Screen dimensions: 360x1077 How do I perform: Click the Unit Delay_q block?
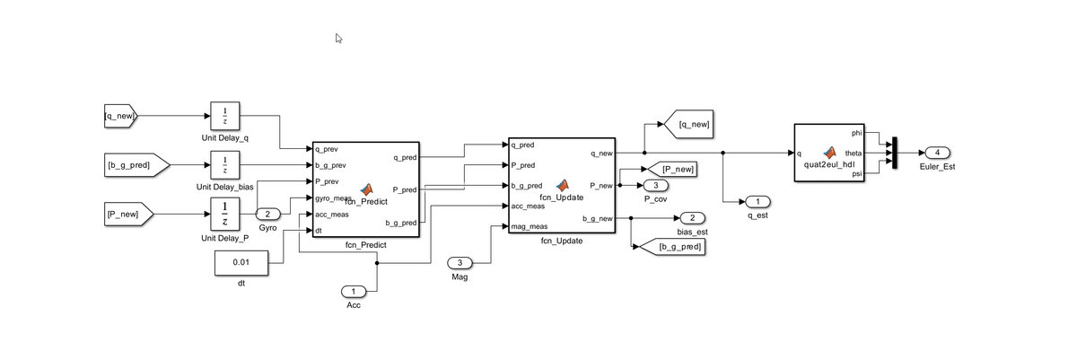coord(224,116)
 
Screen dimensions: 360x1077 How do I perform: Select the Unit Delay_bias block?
coord(224,165)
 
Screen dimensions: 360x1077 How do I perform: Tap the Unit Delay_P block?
coord(224,215)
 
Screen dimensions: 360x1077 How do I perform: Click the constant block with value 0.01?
coord(241,263)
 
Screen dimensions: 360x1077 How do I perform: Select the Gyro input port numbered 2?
coord(268,215)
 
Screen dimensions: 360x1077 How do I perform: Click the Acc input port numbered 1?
coord(354,291)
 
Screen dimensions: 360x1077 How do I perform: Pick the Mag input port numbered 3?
coord(460,263)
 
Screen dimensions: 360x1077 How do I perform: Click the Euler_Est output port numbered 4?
coord(937,152)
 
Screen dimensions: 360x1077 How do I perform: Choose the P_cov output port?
coord(655,185)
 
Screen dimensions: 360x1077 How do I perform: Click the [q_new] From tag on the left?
coord(120,116)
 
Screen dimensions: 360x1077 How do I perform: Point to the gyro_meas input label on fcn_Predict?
coord(332,198)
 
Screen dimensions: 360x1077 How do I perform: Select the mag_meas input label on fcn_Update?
coord(530,227)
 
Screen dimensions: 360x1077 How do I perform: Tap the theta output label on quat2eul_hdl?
coord(853,153)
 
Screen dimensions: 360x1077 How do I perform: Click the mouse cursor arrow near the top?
coord(338,39)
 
